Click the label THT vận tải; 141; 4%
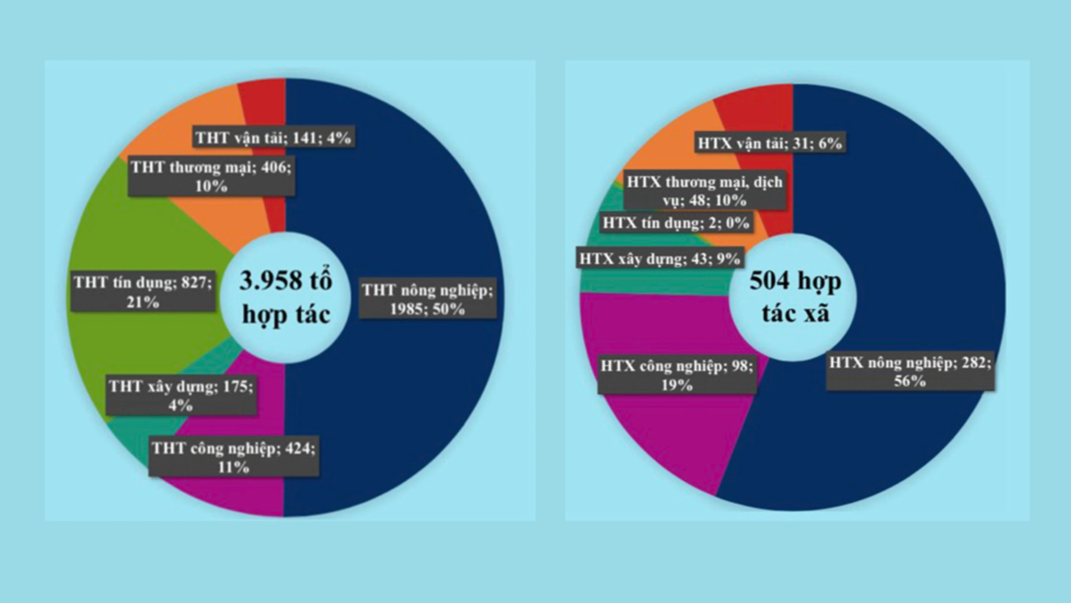[x=274, y=136]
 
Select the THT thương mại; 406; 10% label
[x=211, y=177]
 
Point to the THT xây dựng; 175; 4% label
[x=181, y=395]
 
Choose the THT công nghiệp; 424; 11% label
[x=234, y=457]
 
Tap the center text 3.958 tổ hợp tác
[x=286, y=298]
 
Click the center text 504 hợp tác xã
[x=795, y=298]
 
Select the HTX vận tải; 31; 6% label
[x=770, y=143]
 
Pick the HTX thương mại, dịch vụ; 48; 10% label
[x=704, y=191]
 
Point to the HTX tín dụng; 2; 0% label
[x=676, y=223]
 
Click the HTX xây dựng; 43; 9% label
[x=660, y=259]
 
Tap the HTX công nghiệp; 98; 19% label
[x=677, y=375]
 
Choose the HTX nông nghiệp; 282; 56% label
[x=910, y=372]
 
